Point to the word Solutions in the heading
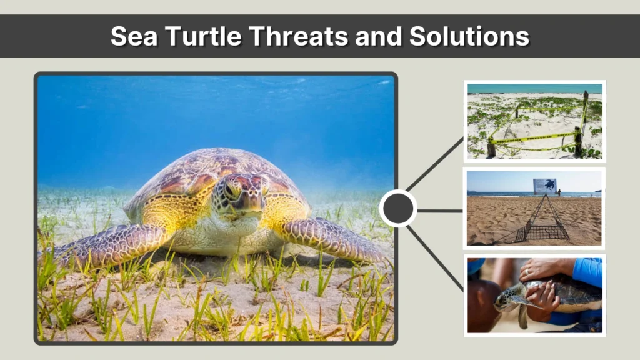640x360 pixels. click(469, 36)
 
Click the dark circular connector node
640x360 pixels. click(398, 209)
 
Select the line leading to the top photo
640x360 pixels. click(435, 165)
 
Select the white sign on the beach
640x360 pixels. click(544, 186)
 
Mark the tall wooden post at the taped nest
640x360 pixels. click(585, 122)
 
